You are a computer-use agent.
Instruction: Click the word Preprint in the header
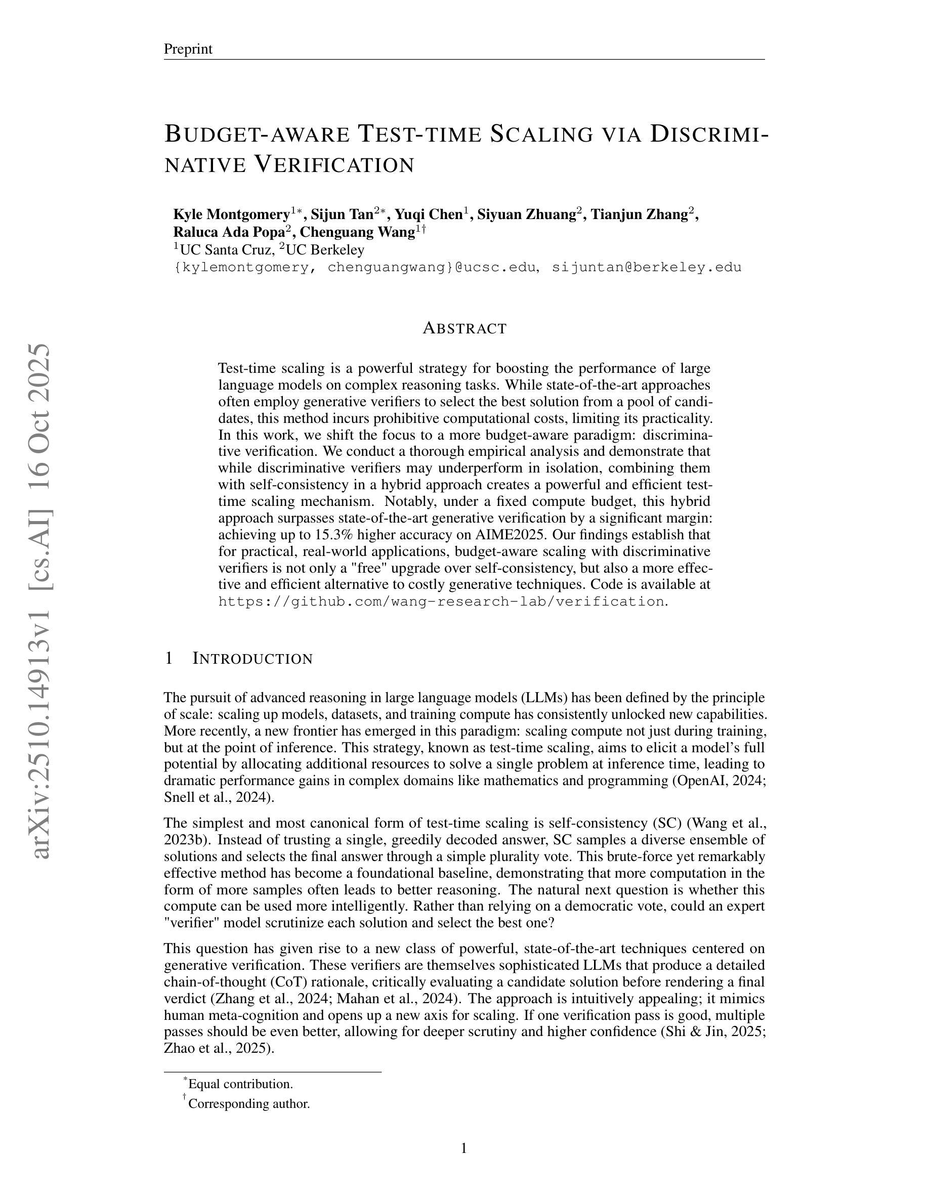click(x=188, y=49)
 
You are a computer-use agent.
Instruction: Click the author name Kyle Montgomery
click(x=232, y=214)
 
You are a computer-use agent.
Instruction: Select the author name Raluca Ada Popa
click(x=229, y=232)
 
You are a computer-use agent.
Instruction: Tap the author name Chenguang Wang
click(x=357, y=232)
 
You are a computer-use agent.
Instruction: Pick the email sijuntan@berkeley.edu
click(x=647, y=268)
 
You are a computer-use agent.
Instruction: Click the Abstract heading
click(x=465, y=328)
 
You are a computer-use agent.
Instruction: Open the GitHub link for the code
click(x=441, y=602)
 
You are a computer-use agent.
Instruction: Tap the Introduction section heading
click(x=252, y=659)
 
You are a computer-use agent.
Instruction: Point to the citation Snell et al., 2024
click(x=217, y=797)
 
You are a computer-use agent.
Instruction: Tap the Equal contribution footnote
click(x=240, y=1084)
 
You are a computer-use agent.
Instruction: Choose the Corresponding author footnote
click(x=249, y=1103)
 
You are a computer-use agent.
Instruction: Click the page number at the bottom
click(x=464, y=1148)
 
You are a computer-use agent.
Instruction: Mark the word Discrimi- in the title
click(x=709, y=134)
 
